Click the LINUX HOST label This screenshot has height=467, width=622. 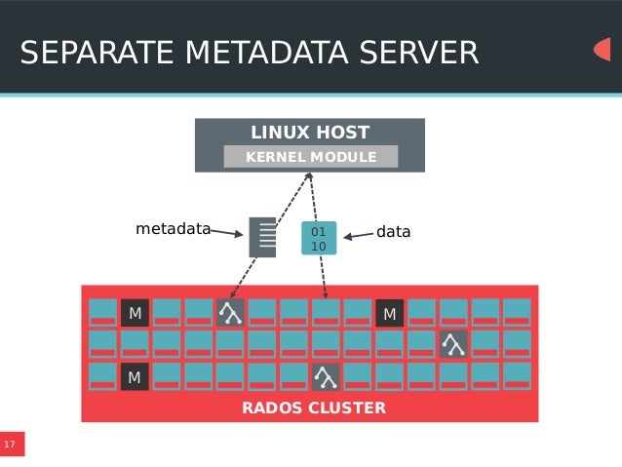click(310, 133)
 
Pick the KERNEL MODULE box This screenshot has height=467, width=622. click(311, 157)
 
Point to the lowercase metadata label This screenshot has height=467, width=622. click(173, 230)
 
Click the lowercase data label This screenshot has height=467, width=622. click(394, 232)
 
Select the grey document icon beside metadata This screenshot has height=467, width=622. click(262, 237)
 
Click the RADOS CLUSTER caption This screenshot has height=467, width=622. click(314, 408)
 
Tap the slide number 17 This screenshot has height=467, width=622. click(10, 446)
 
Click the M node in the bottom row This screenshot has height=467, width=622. click(135, 376)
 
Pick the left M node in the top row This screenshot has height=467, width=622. click(135, 312)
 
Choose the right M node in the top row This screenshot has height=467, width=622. click(389, 312)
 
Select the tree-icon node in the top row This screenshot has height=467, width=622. click(230, 312)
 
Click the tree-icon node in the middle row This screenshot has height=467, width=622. click(452, 343)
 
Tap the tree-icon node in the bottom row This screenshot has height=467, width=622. click(325, 376)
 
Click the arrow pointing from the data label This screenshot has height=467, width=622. click(358, 234)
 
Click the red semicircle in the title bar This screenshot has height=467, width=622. click(603, 50)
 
